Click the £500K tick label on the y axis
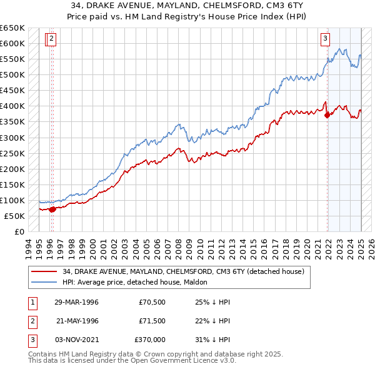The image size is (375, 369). (12, 75)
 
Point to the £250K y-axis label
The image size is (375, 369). (12, 153)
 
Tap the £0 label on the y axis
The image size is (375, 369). (19, 231)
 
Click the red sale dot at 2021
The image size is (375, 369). (327, 114)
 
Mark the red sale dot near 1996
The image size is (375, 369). (52, 209)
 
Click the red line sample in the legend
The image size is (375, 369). (44, 271)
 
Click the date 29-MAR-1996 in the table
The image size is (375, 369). (76, 302)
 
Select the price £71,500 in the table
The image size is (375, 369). (152, 321)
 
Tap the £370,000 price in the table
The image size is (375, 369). (150, 340)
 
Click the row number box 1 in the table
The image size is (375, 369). (32, 302)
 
